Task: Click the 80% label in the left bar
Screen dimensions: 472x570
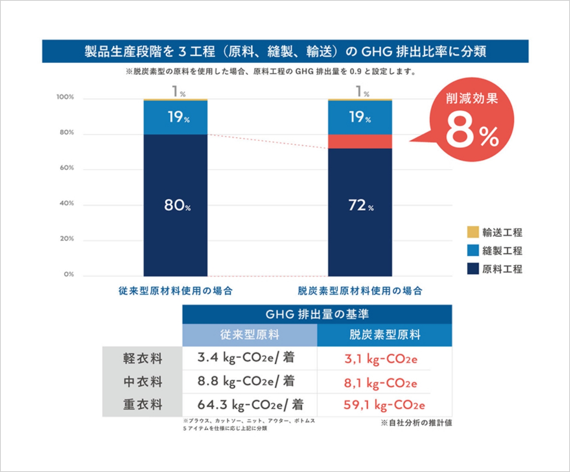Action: pos(177,205)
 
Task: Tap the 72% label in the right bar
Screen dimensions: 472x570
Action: pos(361,205)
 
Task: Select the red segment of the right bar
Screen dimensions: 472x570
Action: pos(360,141)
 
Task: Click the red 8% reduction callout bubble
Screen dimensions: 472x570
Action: pos(471,120)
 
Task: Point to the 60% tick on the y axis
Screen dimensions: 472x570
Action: pos(67,168)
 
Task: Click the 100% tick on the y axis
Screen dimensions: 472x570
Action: pos(65,97)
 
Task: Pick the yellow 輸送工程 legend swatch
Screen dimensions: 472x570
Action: pos(473,232)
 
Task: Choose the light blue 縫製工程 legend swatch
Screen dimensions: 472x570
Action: pos(473,251)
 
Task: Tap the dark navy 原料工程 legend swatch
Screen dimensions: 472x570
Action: pos(473,269)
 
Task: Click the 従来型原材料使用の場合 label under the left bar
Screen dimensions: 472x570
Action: pos(175,291)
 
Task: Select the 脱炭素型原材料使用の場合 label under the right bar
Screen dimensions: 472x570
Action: pos(360,291)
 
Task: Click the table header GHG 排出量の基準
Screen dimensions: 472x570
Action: pos(317,314)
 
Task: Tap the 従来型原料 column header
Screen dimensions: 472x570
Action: pos(250,335)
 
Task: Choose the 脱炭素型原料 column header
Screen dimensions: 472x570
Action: pos(384,335)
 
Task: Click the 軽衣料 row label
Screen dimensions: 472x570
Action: pos(142,358)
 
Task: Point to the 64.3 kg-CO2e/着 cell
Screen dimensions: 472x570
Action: pos(250,405)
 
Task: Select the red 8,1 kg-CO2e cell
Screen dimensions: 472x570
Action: pos(380,383)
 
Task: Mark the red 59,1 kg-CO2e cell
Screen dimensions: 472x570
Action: pos(384,405)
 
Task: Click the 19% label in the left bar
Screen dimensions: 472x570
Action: pos(178,117)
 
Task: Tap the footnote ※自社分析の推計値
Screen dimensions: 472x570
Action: pos(416,423)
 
